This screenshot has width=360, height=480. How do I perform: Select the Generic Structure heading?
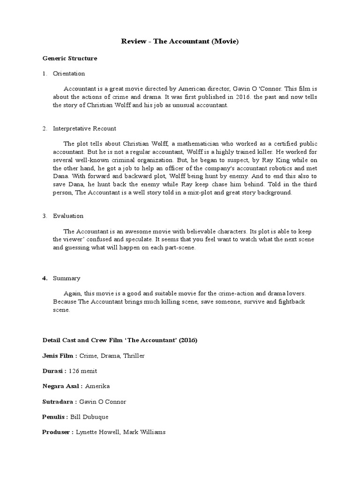[70, 59]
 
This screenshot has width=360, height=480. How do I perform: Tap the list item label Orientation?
[69, 74]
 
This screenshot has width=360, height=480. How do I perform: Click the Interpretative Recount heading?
[84, 128]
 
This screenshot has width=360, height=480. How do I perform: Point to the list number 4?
[45, 278]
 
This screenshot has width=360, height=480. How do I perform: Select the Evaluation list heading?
[68, 216]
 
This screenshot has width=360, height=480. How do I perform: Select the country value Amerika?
[97, 386]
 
